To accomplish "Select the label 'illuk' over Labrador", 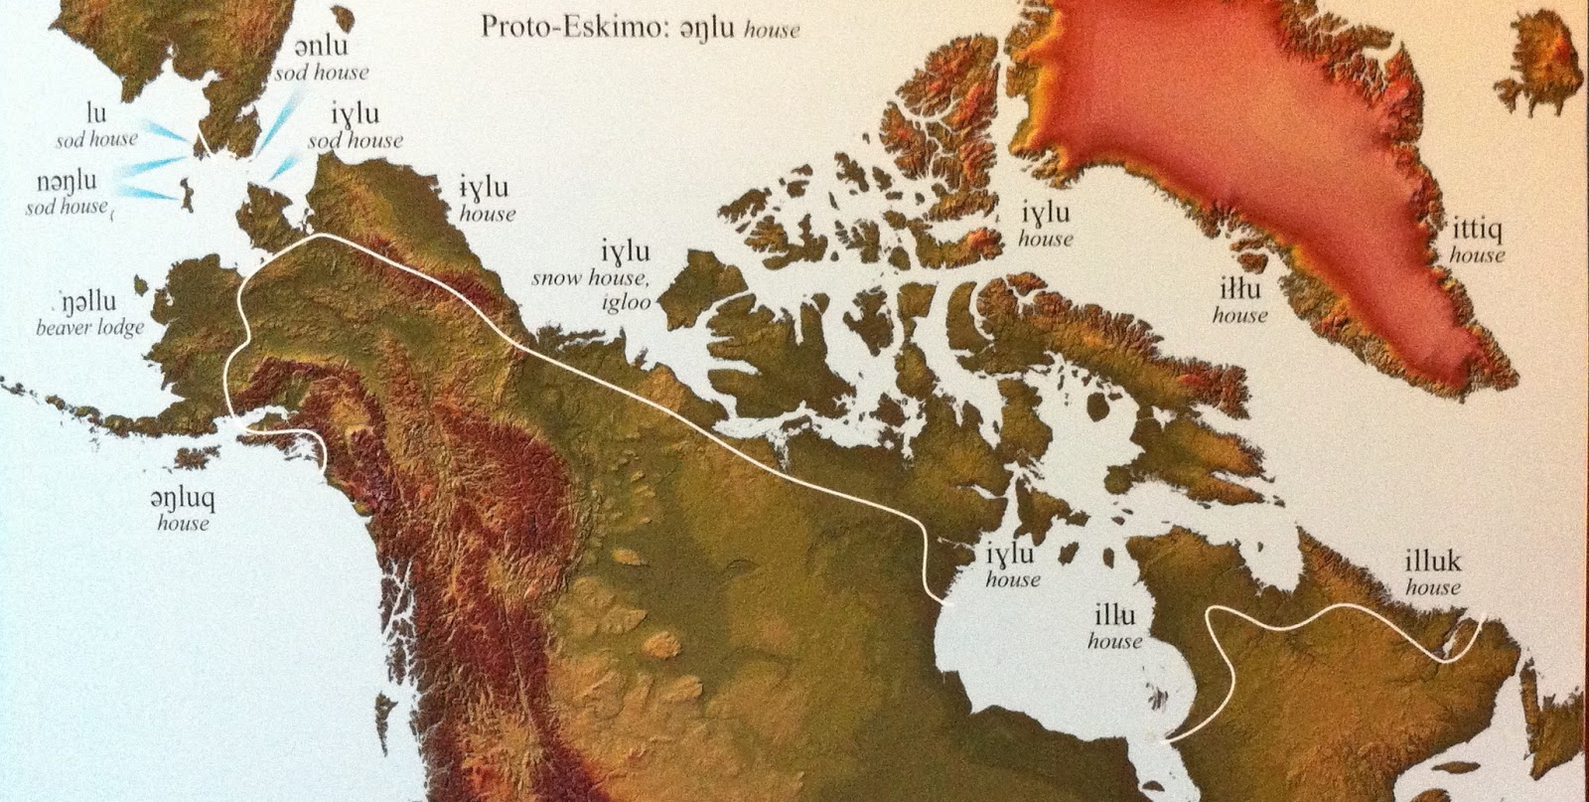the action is tap(1433, 562).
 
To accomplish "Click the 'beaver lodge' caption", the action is tap(89, 327).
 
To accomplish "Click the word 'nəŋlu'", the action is tap(68, 182).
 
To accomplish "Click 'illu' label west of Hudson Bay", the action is tap(1114, 616).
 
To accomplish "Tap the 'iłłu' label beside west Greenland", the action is tap(1239, 290).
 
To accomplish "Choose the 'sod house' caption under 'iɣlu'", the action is tap(356, 140).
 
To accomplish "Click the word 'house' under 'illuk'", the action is tap(1433, 587).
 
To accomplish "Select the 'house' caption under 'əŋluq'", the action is tap(183, 523).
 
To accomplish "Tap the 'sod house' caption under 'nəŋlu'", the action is tap(67, 207).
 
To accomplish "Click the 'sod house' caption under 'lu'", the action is tap(96, 139).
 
